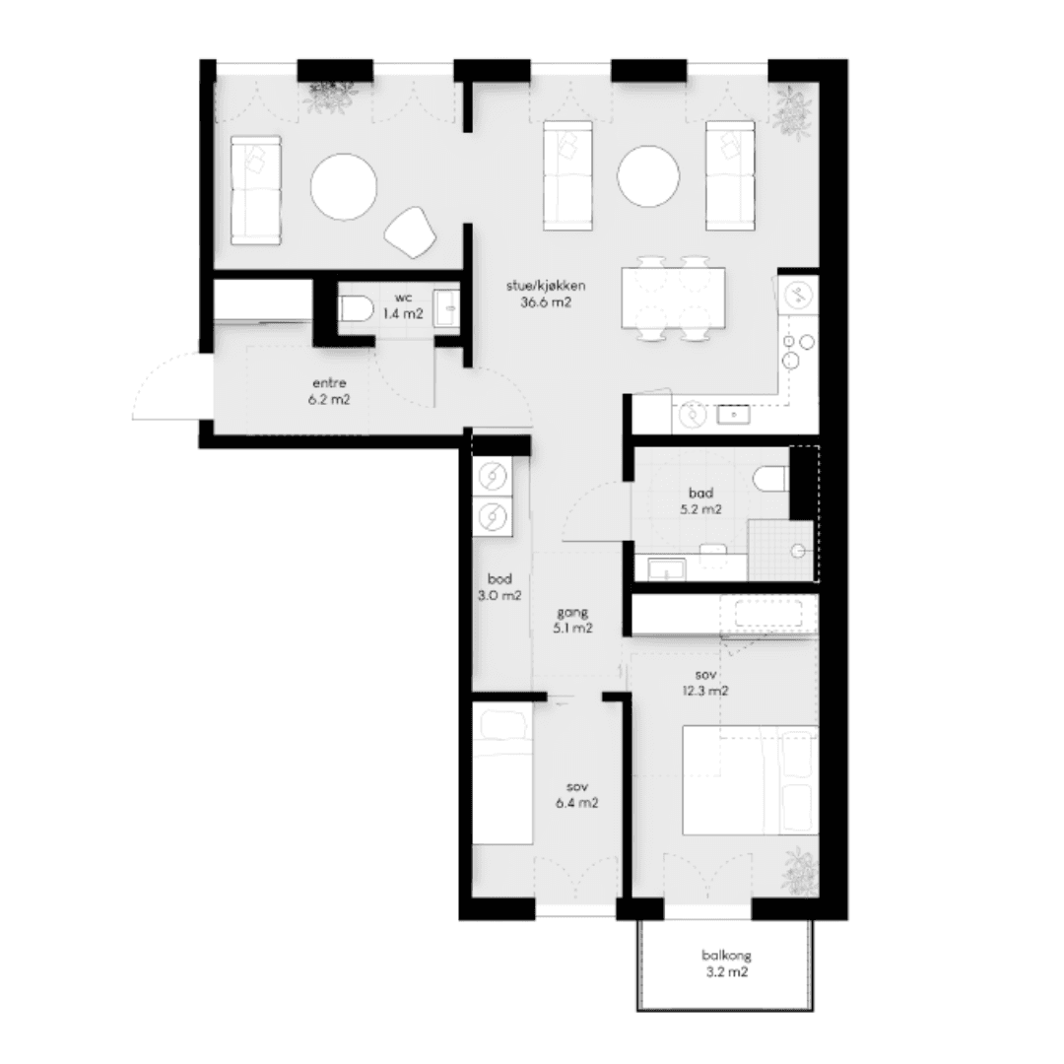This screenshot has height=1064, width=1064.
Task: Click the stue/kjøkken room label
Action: tap(546, 294)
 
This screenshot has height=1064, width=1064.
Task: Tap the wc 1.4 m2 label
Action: tap(402, 306)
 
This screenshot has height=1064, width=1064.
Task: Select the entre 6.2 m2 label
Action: tap(329, 391)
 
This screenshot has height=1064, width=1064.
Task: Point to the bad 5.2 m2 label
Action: tap(701, 500)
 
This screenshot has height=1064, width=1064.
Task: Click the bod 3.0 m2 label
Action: tap(499, 587)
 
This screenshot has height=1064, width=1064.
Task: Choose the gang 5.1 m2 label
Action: tap(572, 621)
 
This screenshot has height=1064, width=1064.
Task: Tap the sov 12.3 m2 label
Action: tap(705, 684)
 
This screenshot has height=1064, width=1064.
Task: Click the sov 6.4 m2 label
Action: tap(576, 795)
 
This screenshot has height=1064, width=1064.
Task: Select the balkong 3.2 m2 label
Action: tap(727, 964)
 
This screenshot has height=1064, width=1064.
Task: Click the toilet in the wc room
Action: tap(356, 309)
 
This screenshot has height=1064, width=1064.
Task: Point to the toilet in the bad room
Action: tap(770, 479)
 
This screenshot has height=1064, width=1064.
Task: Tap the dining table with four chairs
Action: tap(673, 298)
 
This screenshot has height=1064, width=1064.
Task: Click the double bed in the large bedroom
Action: tap(750, 780)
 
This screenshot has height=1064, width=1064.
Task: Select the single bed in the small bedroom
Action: tap(502, 773)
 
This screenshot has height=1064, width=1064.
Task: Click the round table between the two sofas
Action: tap(648, 175)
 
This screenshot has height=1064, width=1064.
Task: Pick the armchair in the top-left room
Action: tap(410, 233)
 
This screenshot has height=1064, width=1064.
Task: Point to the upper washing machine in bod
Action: tap(493, 477)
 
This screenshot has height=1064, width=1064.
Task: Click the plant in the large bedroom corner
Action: tap(801, 871)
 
